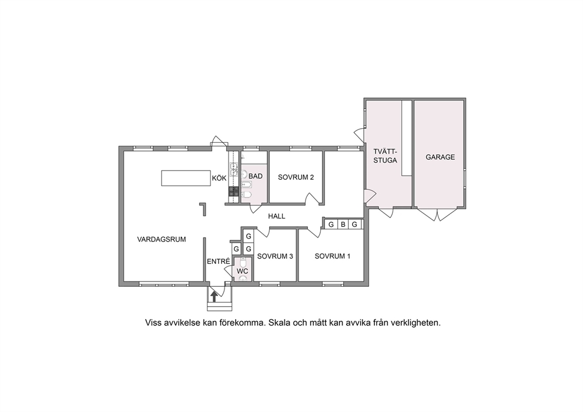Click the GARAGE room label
(x=440, y=158)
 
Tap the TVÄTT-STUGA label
(x=386, y=156)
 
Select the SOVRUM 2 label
(x=296, y=177)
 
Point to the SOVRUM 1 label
(x=333, y=256)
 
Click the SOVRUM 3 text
(x=275, y=256)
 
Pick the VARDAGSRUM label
(x=162, y=239)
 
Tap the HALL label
(x=277, y=216)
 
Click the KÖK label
(x=219, y=178)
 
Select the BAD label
(x=256, y=176)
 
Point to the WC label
(x=242, y=272)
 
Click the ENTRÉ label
(x=219, y=262)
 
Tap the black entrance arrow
(x=214, y=296)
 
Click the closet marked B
(x=343, y=225)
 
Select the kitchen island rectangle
(x=186, y=178)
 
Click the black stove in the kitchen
(x=233, y=191)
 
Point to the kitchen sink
(x=233, y=169)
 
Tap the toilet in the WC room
(x=243, y=263)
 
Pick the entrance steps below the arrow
(x=219, y=306)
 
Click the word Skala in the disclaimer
(x=280, y=323)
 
